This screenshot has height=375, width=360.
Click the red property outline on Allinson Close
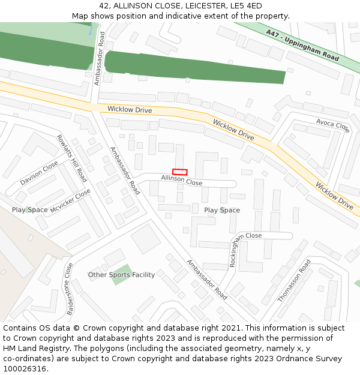[x=179, y=172]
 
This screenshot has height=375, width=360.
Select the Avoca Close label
[x=332, y=125]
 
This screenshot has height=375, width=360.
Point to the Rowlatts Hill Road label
[x=72, y=158]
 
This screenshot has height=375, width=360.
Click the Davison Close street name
[x=39, y=173]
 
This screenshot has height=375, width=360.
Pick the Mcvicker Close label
[x=70, y=201]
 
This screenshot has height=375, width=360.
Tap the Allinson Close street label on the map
[x=181, y=181]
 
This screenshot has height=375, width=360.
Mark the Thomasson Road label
[x=294, y=281]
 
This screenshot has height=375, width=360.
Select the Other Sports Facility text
[x=121, y=275]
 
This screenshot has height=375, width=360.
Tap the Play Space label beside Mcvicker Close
[x=29, y=210]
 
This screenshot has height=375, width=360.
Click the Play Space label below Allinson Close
[x=222, y=210]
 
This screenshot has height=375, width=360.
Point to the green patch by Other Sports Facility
[x=122, y=274]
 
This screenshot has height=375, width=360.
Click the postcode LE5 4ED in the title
[x=246, y=6]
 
